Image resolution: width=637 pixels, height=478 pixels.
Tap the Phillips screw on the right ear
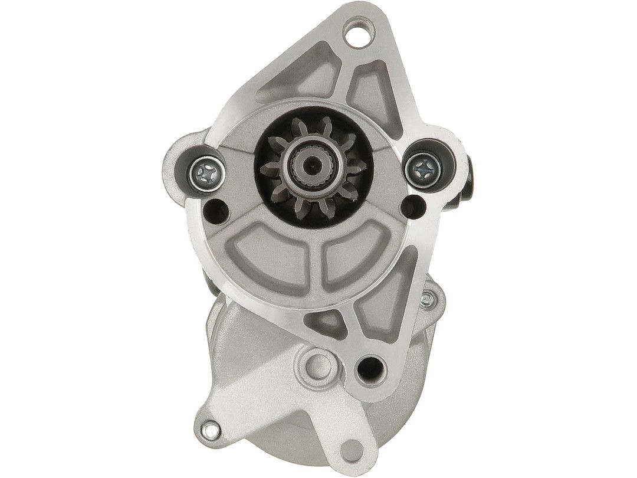coord(423,168)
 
